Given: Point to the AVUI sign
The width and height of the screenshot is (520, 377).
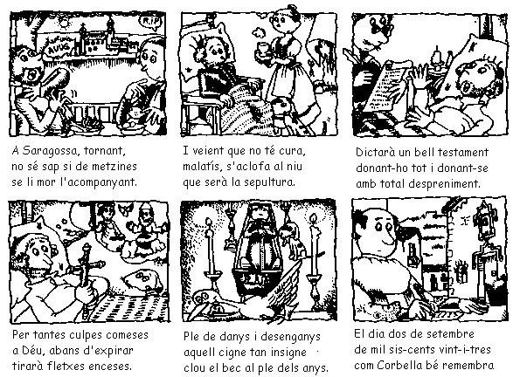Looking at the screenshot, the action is click(x=59, y=48).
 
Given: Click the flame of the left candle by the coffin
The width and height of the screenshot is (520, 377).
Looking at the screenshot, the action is click(x=208, y=223).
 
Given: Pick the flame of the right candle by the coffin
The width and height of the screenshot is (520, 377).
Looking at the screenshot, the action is click(x=313, y=219).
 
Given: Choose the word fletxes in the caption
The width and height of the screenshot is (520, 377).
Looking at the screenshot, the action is click(x=67, y=367).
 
